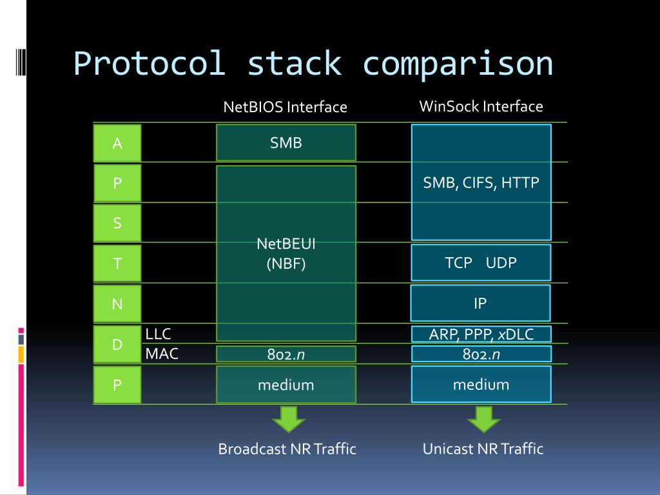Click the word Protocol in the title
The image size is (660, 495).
point(149,64)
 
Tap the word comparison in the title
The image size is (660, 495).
point(458,64)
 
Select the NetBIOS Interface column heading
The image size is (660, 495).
point(285,107)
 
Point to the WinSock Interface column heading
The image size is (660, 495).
point(481,106)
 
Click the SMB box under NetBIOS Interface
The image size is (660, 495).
point(286,142)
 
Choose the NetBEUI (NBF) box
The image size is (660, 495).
point(286,253)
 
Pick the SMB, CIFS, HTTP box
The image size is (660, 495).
point(481,182)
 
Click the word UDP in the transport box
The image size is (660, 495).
point(501,262)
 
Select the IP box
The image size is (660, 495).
point(480,303)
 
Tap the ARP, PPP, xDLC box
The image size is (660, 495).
point(481,334)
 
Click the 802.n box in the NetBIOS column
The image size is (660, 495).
point(286,354)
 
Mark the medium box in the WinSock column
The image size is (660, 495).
point(481,385)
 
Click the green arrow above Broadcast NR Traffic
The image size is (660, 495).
point(288,419)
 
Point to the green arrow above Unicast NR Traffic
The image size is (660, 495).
point(483,419)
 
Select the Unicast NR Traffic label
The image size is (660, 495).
point(483,449)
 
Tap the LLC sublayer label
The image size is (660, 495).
point(159,333)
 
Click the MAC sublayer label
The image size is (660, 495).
point(162,353)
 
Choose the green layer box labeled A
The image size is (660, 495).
point(117,143)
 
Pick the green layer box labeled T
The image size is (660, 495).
point(117,263)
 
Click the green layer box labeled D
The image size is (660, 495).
point(117,344)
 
